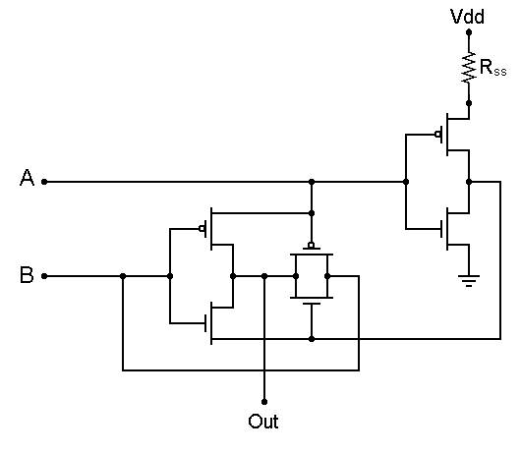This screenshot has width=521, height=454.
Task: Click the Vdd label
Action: [x=467, y=17]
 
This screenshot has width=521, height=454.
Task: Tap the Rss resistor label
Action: [x=493, y=68]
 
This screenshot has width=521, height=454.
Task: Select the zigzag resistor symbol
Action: [x=469, y=68]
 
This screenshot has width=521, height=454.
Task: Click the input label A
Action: [x=27, y=177]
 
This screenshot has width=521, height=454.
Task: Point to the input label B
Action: [x=27, y=274]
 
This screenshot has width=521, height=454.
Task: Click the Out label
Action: [x=263, y=422]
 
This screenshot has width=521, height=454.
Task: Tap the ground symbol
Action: [x=469, y=281]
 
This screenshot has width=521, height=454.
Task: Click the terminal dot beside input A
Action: [x=44, y=182]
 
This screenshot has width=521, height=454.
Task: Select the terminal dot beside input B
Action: [x=44, y=276]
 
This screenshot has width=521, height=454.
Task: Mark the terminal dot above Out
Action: [x=264, y=402]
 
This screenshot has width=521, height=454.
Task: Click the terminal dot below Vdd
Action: [x=469, y=32]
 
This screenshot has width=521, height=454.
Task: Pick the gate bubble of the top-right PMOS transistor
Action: [x=437, y=135]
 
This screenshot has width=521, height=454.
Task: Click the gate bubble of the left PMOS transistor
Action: [x=202, y=229]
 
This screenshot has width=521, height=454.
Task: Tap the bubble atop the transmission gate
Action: [x=312, y=246]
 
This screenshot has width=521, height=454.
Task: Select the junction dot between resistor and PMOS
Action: [x=469, y=103]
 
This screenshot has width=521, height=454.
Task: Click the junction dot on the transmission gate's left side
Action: [x=296, y=276]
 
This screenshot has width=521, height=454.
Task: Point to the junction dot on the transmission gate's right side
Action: [x=327, y=276]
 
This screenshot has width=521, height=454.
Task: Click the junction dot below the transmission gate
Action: [x=312, y=339]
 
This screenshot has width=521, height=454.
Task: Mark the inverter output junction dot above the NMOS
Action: [x=469, y=182]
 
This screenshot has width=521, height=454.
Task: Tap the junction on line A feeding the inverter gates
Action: [x=406, y=182]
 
